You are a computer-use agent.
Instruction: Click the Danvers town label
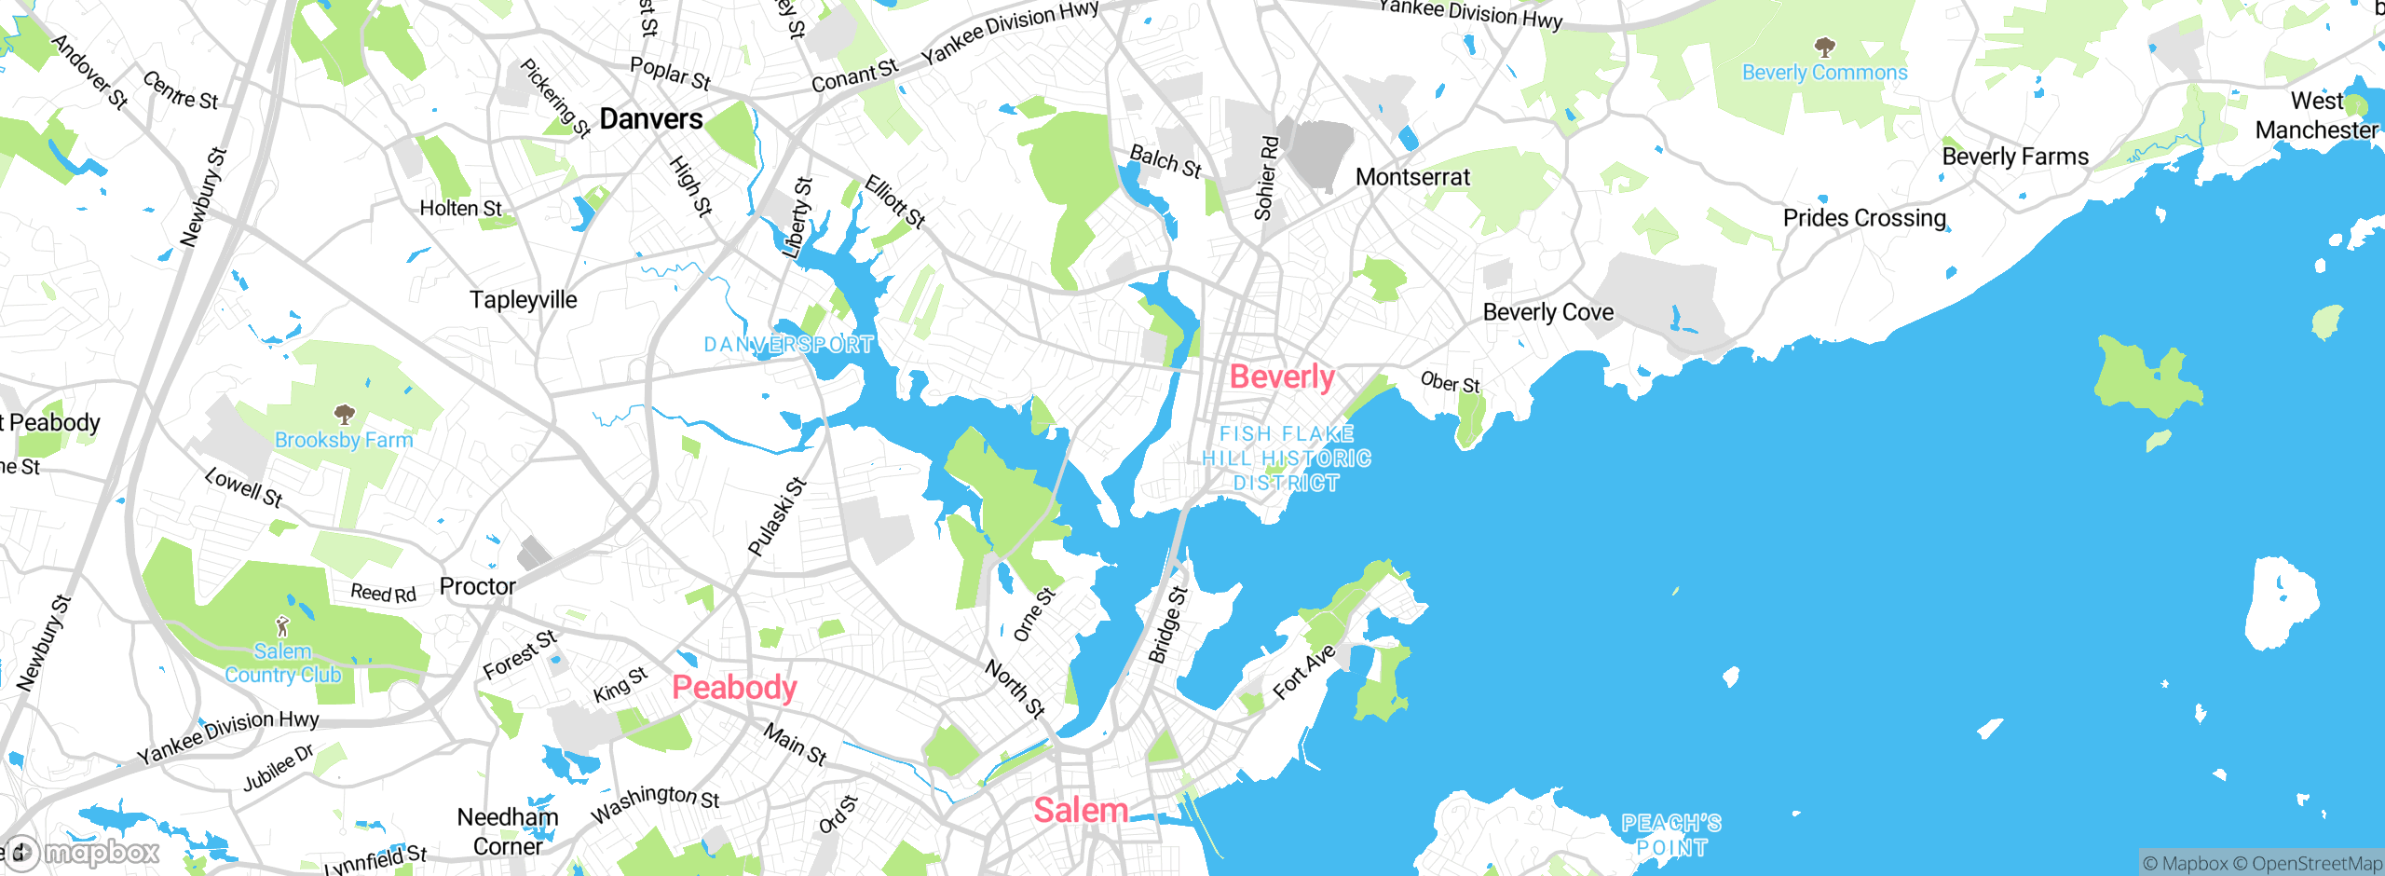click(651, 119)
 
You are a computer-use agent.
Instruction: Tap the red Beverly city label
click(1282, 377)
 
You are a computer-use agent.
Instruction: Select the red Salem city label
click(1081, 810)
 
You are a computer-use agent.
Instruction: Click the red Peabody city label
click(734, 688)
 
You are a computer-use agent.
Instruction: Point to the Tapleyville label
click(523, 300)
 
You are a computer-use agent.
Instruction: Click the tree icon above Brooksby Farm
click(344, 413)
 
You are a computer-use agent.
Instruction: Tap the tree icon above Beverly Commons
click(1824, 46)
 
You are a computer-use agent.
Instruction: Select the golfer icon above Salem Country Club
click(282, 625)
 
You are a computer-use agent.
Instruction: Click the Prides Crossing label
click(1864, 218)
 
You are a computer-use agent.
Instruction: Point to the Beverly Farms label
click(2015, 157)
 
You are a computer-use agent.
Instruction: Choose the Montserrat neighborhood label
click(1412, 177)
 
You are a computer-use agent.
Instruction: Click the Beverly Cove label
click(1547, 312)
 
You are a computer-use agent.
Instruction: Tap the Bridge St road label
click(1168, 624)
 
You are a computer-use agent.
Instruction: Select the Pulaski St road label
click(777, 517)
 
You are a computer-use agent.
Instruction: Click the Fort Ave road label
click(1304, 671)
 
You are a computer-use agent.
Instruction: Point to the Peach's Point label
click(1671, 835)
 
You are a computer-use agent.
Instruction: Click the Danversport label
click(788, 345)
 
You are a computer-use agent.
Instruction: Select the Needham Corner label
click(508, 831)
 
